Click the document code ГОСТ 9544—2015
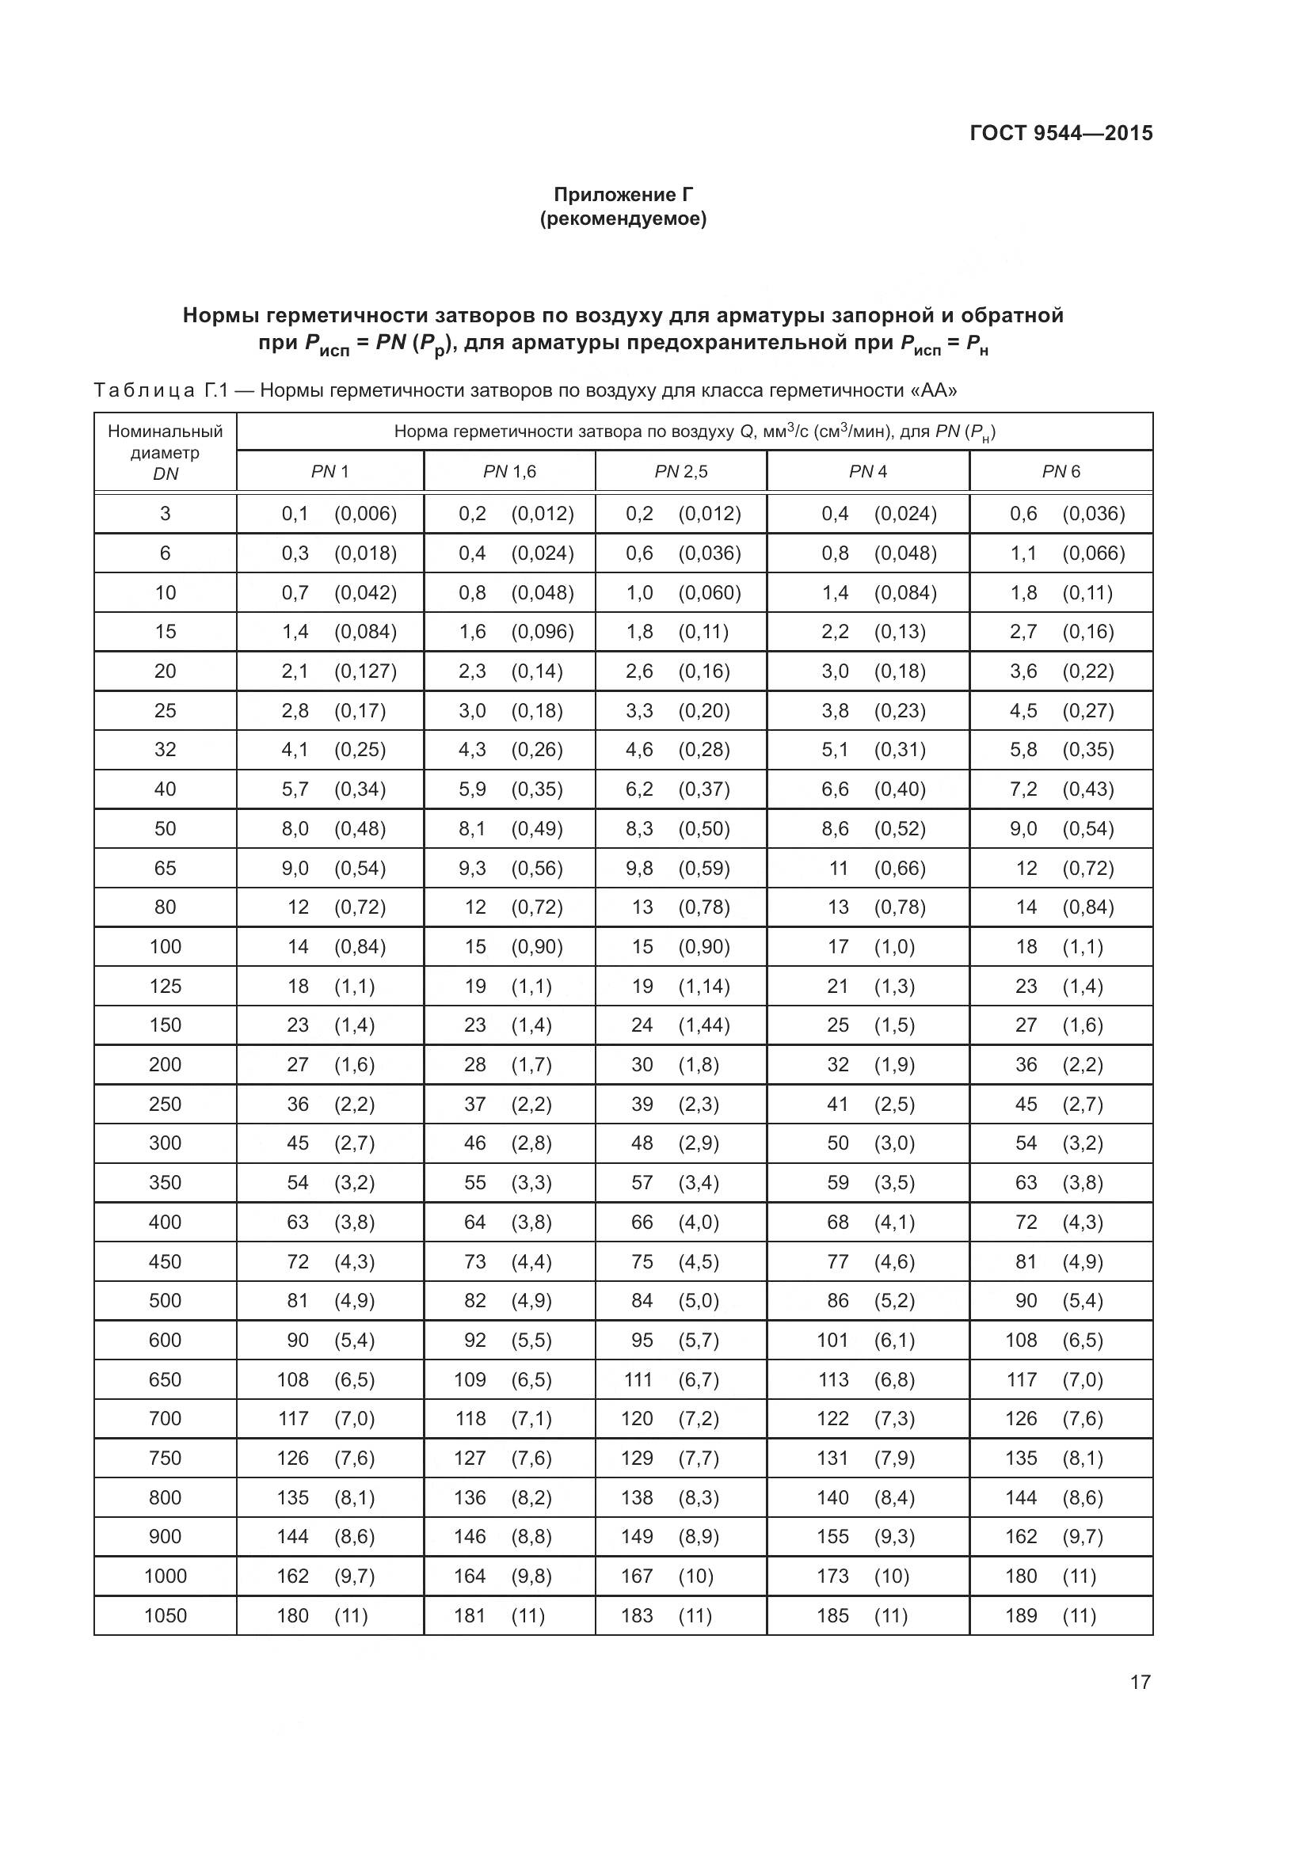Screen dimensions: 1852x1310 click(x=1061, y=133)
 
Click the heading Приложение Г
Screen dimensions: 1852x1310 click(x=623, y=195)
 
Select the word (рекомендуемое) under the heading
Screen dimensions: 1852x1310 click(x=623, y=219)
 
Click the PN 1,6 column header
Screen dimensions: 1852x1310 click(x=509, y=472)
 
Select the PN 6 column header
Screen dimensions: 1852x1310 click(x=1061, y=472)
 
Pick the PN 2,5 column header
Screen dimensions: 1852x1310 click(x=681, y=472)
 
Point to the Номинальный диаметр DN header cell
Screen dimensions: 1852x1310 click(x=166, y=453)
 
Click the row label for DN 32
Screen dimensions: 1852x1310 click(x=166, y=750)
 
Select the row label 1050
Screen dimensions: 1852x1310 click(x=166, y=1616)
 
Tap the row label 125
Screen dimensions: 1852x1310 click(x=166, y=986)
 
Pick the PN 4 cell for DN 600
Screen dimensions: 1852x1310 click(x=866, y=1340)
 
